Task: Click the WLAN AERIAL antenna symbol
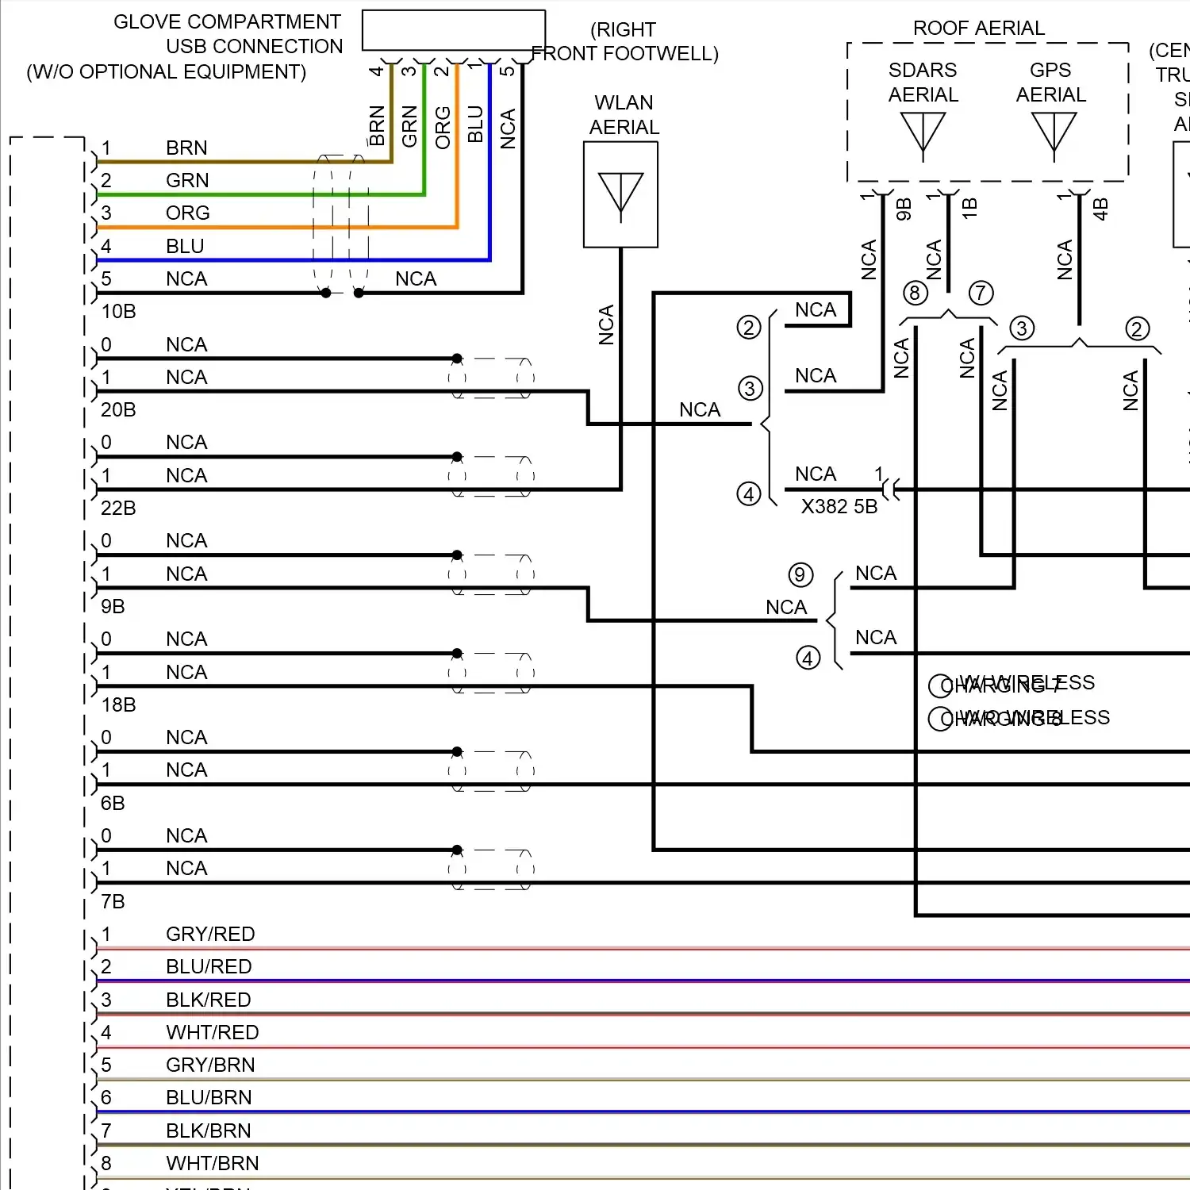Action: coord(620,195)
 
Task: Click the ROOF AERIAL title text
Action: coord(978,29)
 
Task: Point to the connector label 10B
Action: coord(118,312)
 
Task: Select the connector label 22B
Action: coord(118,509)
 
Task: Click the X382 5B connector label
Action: coord(839,507)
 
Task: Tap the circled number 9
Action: coord(800,575)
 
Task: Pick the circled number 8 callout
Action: coord(915,294)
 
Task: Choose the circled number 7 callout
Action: coord(981,294)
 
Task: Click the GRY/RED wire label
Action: coord(210,935)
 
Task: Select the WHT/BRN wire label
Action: coord(212,1164)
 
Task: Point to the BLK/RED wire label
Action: coord(209,1000)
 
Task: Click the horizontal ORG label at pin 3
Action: coord(188,213)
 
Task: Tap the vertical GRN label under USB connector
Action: coord(409,127)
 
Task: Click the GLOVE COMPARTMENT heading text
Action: coord(227,22)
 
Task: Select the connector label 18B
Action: coord(118,705)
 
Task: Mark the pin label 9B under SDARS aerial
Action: coord(903,209)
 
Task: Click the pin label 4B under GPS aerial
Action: coord(1100,209)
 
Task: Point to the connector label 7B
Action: coord(113,902)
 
